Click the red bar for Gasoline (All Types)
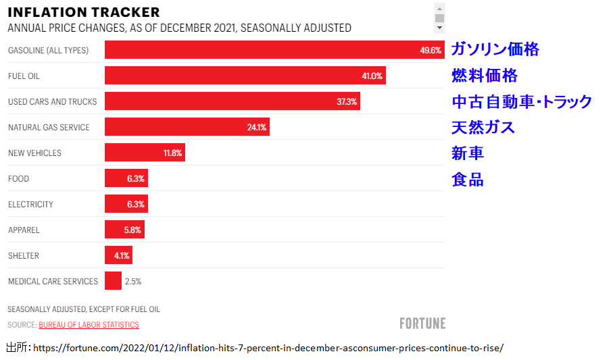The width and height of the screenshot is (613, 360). [x=270, y=50]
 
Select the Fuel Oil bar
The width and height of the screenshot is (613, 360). [x=243, y=76]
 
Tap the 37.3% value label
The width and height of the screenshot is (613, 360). [x=347, y=101]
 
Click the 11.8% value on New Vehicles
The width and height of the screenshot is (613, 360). [x=173, y=153]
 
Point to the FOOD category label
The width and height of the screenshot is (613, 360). [x=19, y=179]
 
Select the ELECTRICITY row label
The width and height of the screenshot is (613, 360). [x=30, y=205]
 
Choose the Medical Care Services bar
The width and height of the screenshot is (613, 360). [x=113, y=281]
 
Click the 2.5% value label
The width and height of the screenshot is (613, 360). [x=133, y=282]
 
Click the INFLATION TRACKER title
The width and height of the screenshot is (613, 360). [x=84, y=12]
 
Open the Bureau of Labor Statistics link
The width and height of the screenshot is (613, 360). [x=89, y=325]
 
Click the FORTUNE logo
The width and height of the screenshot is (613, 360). [x=422, y=324]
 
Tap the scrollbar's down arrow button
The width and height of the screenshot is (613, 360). [x=439, y=28]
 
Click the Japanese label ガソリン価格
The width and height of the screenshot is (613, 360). [x=495, y=49]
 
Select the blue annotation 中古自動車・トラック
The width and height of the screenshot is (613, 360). [x=522, y=102]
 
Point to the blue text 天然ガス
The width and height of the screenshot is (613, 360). [x=483, y=127]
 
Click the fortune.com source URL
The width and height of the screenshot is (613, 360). [x=268, y=349]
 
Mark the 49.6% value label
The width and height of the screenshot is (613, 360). [x=431, y=51]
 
